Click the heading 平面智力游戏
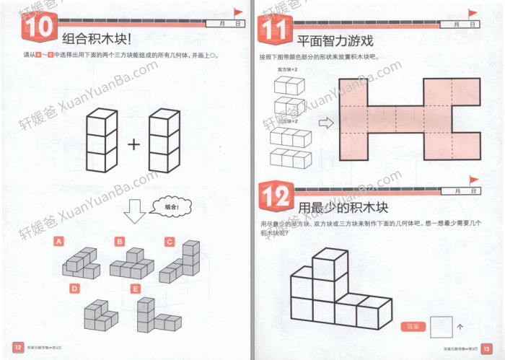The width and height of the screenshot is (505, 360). pyautogui.click(x=333, y=40)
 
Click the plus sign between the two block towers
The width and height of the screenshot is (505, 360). pyautogui.click(x=133, y=144)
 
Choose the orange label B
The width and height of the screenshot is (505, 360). pyautogui.click(x=120, y=241)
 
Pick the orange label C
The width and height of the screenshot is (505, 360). pyautogui.click(x=170, y=241)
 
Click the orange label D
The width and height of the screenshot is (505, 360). pyautogui.click(x=74, y=288)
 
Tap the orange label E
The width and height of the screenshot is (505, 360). pyautogui.click(x=135, y=289)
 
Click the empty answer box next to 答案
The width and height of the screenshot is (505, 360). pyautogui.click(x=441, y=327)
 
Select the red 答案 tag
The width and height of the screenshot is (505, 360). pyautogui.click(x=413, y=327)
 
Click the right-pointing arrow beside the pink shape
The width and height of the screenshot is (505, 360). pyautogui.click(x=326, y=123)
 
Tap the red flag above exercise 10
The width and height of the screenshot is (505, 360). pyautogui.click(x=237, y=12)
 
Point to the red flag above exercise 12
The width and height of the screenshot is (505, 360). pyautogui.click(x=473, y=180)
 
